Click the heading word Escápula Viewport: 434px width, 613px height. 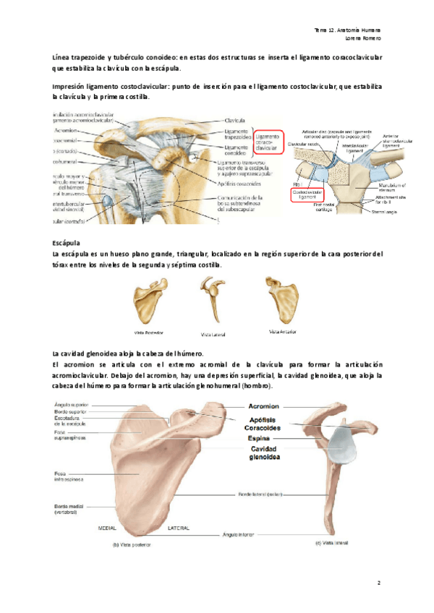coord(67,244)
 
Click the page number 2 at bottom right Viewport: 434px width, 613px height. coord(378,581)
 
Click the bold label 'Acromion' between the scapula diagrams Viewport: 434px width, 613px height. coord(267,406)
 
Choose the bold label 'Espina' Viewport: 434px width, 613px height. coord(260,438)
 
